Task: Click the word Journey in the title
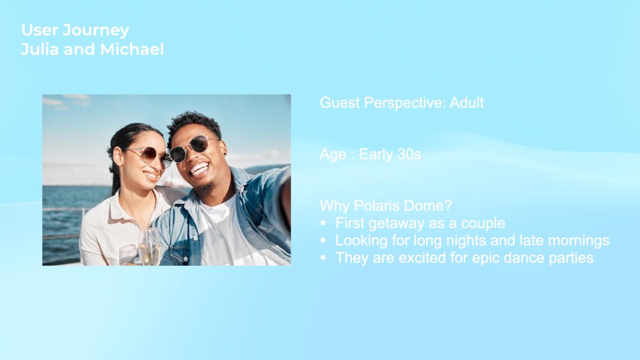click(95, 30)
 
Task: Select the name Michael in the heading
click(132, 49)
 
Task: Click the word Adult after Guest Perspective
click(467, 102)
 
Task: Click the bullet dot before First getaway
click(323, 223)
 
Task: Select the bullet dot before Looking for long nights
click(323, 241)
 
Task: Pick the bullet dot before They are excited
click(323, 258)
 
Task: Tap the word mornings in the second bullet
click(579, 241)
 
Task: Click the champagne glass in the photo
click(149, 246)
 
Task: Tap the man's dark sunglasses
click(194, 149)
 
